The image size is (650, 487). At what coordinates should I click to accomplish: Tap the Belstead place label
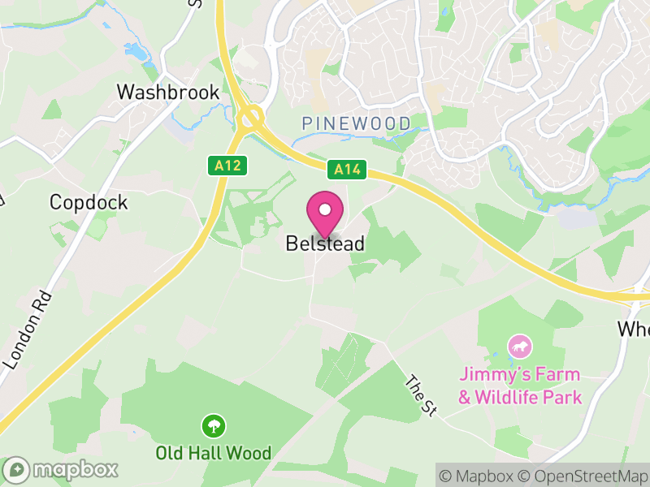pyautogui.click(x=325, y=243)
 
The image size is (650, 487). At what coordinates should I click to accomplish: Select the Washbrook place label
pyautogui.click(x=168, y=92)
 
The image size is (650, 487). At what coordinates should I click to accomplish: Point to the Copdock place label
pyautogui.click(x=89, y=202)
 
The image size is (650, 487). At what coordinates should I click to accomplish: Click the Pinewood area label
pyautogui.click(x=355, y=123)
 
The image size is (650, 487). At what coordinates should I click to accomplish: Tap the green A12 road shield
pyautogui.click(x=227, y=166)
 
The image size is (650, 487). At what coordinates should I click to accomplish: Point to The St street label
pyautogui.click(x=421, y=397)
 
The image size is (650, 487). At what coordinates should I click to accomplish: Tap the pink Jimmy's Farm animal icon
pyautogui.click(x=520, y=347)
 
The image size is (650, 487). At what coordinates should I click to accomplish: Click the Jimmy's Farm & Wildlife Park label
pyautogui.click(x=520, y=386)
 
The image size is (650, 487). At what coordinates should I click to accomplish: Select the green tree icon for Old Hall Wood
pyautogui.click(x=214, y=425)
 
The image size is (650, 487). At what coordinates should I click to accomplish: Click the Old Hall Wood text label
pyautogui.click(x=214, y=452)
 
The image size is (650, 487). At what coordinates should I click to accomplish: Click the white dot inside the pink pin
pyautogui.click(x=325, y=209)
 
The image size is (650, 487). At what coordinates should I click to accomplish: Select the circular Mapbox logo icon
pyautogui.click(x=16, y=469)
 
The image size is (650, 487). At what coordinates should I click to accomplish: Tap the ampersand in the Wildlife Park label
pyautogui.click(x=465, y=398)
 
